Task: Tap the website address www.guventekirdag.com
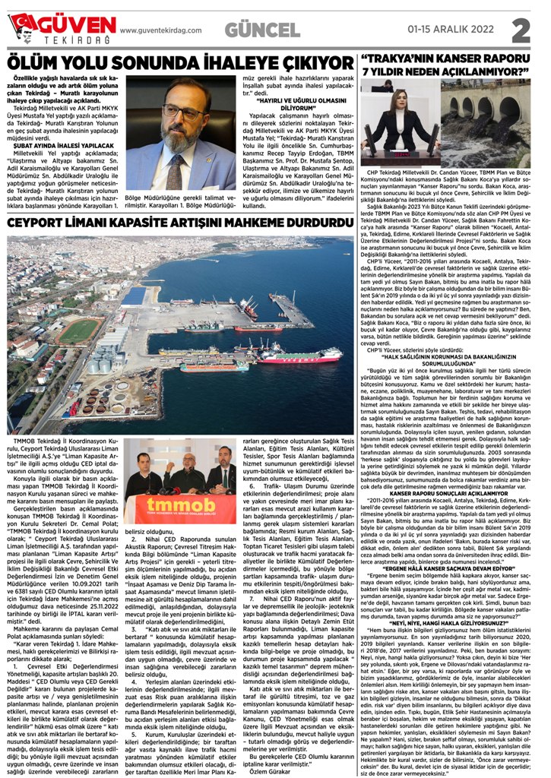[160, 30]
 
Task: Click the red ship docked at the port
[299, 355]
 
